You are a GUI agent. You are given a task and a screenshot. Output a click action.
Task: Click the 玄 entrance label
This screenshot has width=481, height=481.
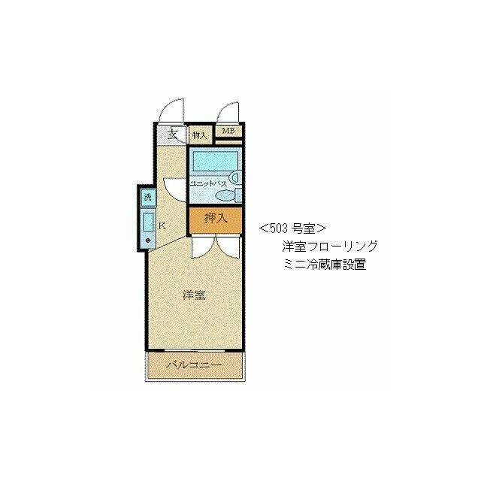(172, 135)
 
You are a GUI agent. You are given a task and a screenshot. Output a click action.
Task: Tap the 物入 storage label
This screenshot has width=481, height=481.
(198, 135)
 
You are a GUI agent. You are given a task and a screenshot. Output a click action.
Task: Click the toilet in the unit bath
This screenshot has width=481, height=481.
(226, 195)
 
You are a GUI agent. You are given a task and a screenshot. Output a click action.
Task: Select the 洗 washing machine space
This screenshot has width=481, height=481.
(148, 197)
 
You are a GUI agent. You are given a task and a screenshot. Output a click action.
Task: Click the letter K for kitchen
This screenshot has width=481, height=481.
(162, 225)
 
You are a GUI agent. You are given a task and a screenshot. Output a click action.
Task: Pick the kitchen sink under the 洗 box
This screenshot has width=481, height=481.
(149, 227)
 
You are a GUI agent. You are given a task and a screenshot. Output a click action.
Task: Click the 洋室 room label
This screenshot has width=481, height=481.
(194, 295)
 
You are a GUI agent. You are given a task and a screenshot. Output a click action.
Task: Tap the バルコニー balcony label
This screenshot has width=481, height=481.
(194, 365)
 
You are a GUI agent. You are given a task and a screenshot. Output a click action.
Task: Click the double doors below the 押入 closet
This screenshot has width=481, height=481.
(214, 247)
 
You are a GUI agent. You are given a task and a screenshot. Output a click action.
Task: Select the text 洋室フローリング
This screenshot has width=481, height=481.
(329, 247)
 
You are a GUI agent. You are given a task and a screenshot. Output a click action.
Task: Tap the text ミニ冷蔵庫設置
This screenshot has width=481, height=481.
(325, 265)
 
